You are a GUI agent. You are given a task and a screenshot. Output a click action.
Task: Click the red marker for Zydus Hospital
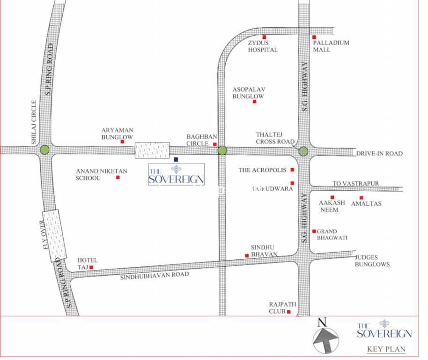pos(264,37)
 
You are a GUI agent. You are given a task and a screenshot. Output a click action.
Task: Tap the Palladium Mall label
pos(331,46)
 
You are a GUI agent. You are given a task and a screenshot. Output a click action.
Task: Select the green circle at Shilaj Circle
pos(44,150)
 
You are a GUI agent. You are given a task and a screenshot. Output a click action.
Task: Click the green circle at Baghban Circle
pos(222,150)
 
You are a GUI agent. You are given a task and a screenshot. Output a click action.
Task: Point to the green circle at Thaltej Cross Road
pos(303,151)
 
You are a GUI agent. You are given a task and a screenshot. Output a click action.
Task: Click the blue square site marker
pos(176,159)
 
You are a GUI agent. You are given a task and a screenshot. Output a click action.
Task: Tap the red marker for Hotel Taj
pos(91,267)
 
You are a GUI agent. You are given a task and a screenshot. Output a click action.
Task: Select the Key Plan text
pos(386,349)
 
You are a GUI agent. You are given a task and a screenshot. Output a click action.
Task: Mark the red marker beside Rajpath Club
pos(289,312)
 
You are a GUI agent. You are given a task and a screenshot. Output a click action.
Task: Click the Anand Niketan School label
pos(94,175)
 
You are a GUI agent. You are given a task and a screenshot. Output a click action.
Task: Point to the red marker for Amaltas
pos(361,197)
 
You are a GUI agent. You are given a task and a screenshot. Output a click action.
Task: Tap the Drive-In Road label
pos(379,154)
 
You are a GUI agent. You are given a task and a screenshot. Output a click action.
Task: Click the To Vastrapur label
pos(355,183)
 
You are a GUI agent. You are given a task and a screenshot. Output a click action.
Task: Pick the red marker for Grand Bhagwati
pos(314,231)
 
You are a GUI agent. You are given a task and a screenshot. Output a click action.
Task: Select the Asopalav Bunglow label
pos(248,93)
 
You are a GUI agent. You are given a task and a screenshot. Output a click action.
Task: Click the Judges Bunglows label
pos(372,261)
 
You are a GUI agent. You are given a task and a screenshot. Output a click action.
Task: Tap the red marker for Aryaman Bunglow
pos(122,141)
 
